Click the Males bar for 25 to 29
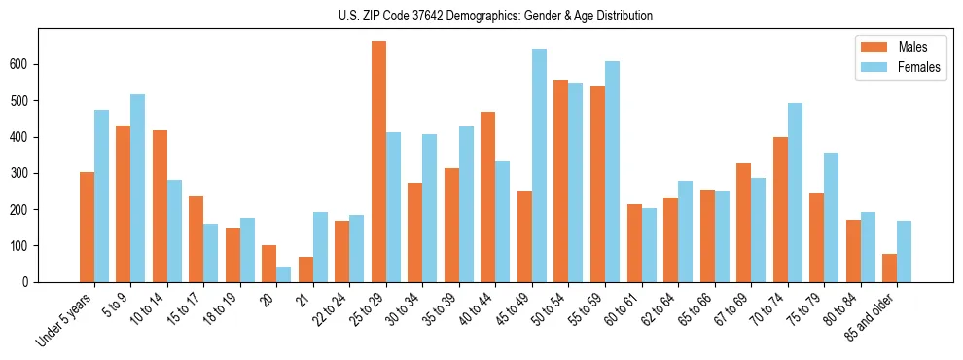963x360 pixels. pyautogui.click(x=378, y=162)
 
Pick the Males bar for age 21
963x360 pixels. pyautogui.click(x=305, y=270)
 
